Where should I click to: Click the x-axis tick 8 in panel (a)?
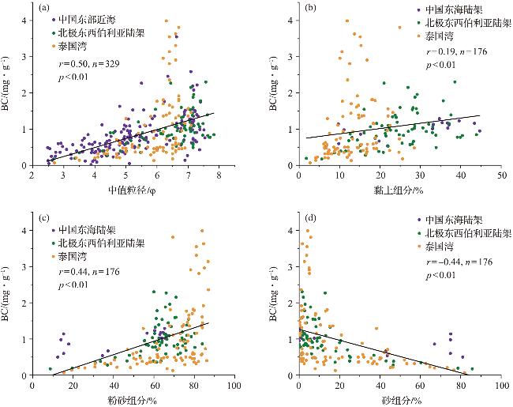click(219, 176)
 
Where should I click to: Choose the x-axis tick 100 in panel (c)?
click(234, 386)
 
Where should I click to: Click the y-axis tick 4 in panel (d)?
click(290, 231)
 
